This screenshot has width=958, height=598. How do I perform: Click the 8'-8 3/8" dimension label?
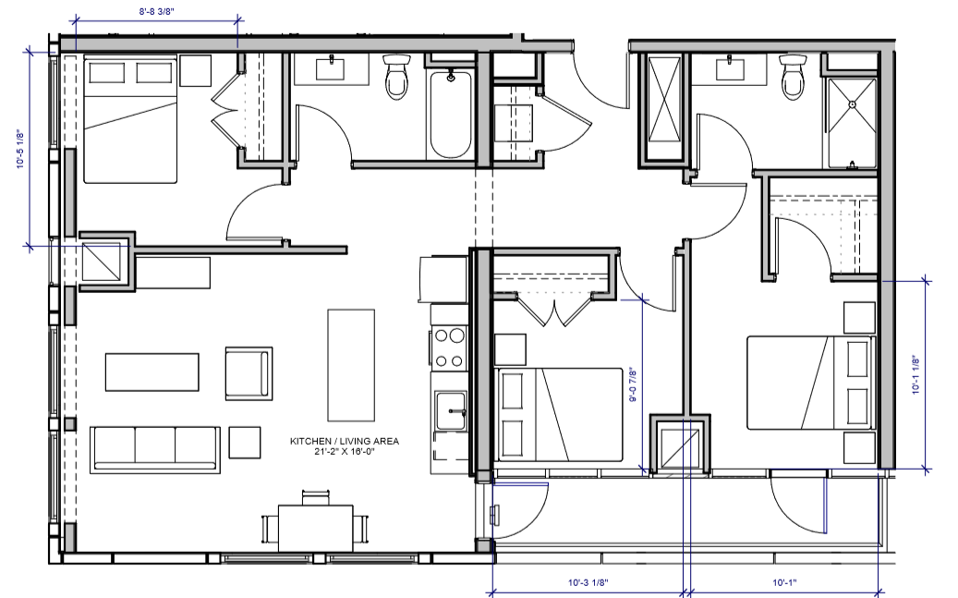[155, 11]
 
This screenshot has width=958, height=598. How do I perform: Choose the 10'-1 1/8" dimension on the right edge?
[914, 375]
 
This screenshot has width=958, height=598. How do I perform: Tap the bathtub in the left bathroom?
[450, 116]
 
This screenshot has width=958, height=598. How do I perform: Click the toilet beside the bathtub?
[397, 78]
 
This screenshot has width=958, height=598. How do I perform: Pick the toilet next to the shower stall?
[793, 78]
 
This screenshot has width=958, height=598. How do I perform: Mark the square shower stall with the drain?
[851, 120]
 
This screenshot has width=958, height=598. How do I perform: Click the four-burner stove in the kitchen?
[448, 348]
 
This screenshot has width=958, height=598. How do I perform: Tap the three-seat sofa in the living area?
[154, 447]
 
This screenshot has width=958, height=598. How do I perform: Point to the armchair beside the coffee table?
[249, 373]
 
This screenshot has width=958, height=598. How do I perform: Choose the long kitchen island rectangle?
[350, 364]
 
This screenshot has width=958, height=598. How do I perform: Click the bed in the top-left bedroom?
[130, 119]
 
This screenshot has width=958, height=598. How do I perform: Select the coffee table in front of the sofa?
[152, 372]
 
